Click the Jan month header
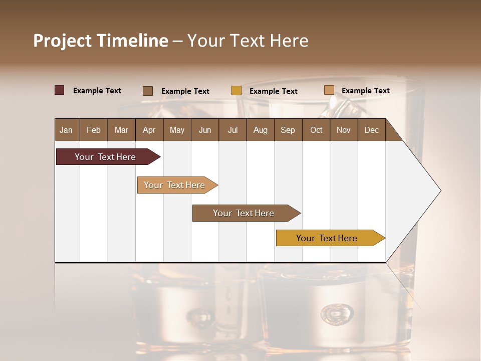tap(67, 130)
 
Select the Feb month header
tap(94, 130)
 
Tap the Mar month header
tap(121, 130)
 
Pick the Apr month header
tap(149, 130)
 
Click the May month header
tap(177, 130)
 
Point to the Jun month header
tap(205, 130)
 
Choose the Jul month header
tap(232, 130)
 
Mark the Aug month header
tap(260, 130)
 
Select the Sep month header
tap(288, 130)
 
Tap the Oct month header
tap(316, 130)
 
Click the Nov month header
tap(344, 130)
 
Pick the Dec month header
tap(371, 130)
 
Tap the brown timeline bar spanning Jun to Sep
tap(244, 213)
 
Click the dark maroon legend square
tap(60, 90)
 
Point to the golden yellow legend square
tap(236, 91)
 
